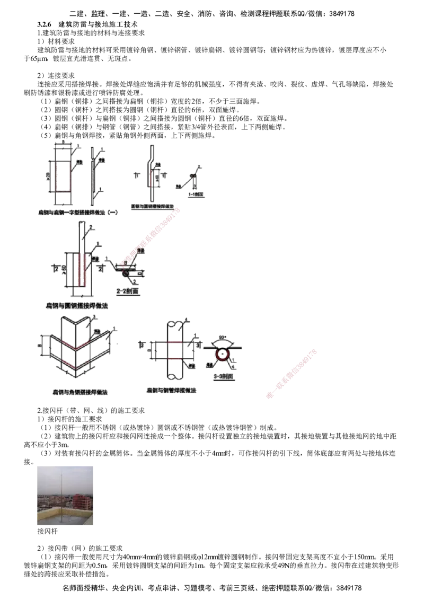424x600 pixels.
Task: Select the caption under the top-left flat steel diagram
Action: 78,213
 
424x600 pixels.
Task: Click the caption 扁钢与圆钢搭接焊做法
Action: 78,306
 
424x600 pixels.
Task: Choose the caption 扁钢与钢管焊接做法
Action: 172,390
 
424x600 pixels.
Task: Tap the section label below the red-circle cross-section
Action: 224,377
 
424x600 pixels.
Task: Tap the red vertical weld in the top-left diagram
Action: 56,175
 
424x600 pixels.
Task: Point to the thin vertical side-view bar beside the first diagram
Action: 93,175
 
